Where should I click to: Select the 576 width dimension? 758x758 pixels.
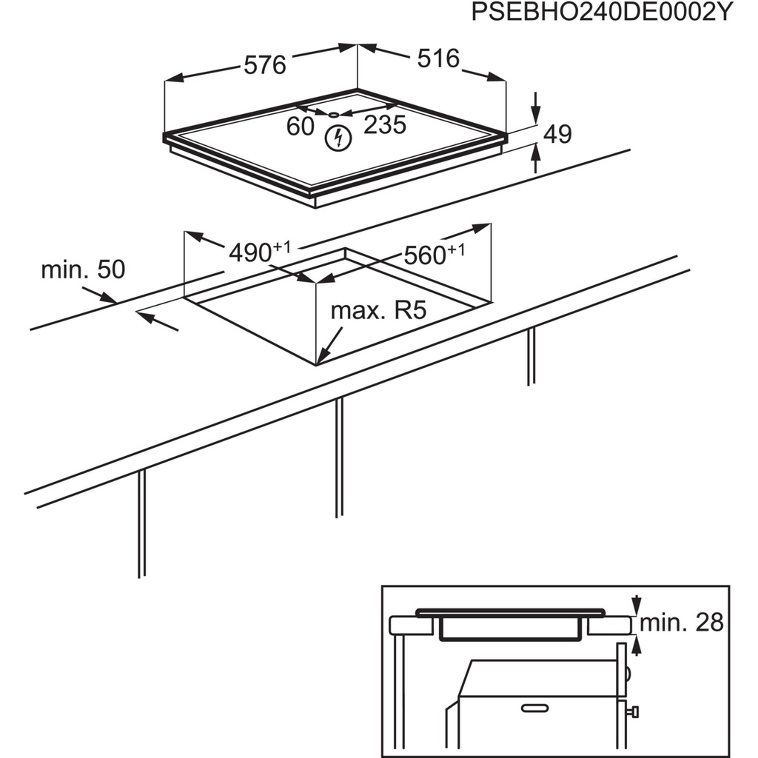[x=264, y=65]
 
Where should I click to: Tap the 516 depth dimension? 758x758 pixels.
[x=438, y=58]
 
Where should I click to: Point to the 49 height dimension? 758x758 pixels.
[x=557, y=134]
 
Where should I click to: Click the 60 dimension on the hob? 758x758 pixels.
[x=301, y=126]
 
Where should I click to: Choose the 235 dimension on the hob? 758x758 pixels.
[x=385, y=125]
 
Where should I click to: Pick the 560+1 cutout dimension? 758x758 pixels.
[x=434, y=255]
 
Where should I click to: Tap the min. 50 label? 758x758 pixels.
[x=83, y=269]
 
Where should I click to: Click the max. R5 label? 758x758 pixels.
[x=379, y=310]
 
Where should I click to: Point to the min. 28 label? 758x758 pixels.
[x=681, y=623]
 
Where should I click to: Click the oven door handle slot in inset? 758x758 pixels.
[x=542, y=708]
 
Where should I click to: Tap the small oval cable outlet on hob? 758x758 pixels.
[x=334, y=115]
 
